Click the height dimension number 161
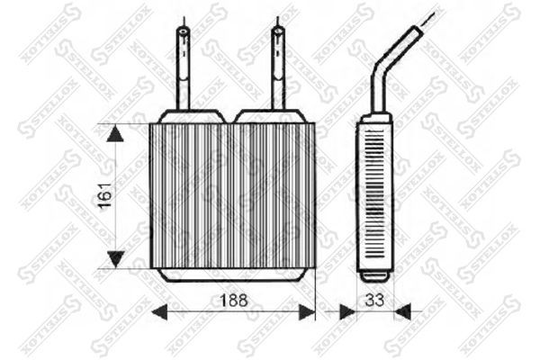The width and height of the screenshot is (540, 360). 105,195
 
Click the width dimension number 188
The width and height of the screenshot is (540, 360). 233,301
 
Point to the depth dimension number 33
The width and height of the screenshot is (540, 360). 374,300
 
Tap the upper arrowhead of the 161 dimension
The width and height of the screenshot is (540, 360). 115,134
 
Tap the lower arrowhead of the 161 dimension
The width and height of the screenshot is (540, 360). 115,259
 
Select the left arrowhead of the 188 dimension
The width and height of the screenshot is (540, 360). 159,312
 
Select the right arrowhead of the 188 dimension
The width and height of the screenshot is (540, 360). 307,312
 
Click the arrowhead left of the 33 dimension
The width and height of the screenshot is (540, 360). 347,311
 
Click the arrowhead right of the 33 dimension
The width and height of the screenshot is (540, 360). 402,311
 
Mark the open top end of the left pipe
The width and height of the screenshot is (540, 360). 183,31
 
